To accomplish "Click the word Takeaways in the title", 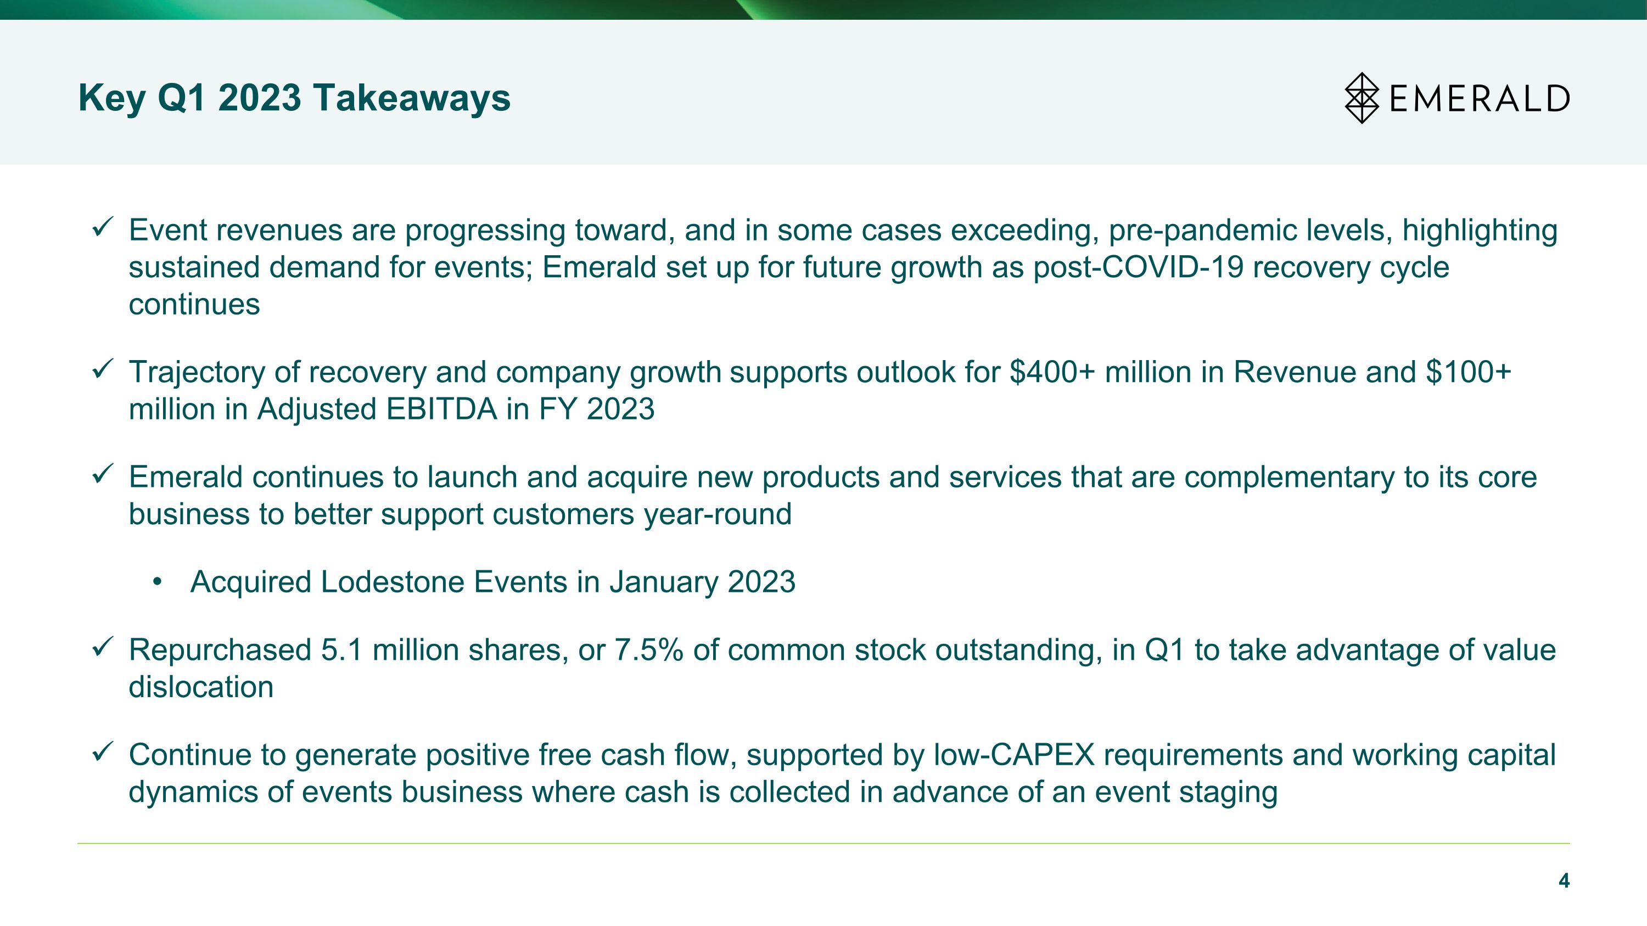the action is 412,98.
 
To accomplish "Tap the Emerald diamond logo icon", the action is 1362,98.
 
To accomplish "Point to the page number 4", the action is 1564,880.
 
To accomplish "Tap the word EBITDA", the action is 441,409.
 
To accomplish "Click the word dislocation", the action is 201,687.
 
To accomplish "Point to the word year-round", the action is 718,514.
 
